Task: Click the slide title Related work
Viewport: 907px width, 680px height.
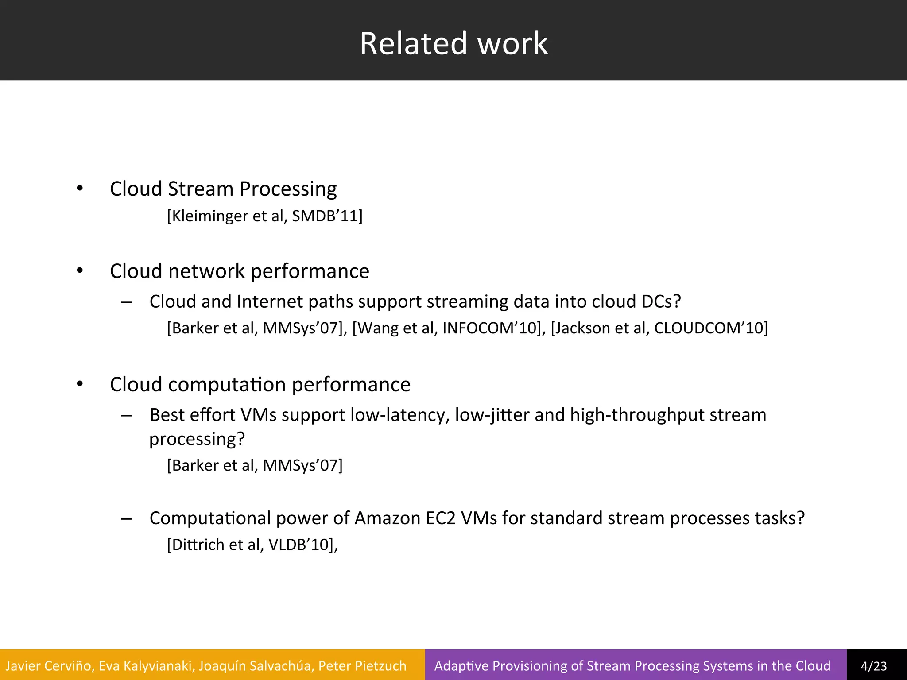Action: click(453, 43)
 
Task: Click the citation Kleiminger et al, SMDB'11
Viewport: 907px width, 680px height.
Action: click(265, 216)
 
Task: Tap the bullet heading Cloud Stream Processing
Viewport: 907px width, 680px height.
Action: click(223, 189)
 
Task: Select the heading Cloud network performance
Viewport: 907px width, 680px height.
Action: click(239, 271)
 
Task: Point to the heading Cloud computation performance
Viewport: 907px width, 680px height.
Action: click(260, 384)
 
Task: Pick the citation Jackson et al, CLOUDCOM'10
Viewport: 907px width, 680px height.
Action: click(659, 328)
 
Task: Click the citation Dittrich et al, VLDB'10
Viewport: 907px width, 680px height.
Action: click(252, 545)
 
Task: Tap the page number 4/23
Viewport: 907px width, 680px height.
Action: click(874, 666)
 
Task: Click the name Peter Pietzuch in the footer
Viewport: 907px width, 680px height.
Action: click(362, 666)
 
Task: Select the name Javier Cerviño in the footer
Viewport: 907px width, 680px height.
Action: click(49, 666)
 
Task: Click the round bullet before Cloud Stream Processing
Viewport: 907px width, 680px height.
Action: click(80, 189)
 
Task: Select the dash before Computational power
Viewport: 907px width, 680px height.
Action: click(127, 518)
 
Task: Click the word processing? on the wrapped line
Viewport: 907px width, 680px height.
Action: click(197, 439)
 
